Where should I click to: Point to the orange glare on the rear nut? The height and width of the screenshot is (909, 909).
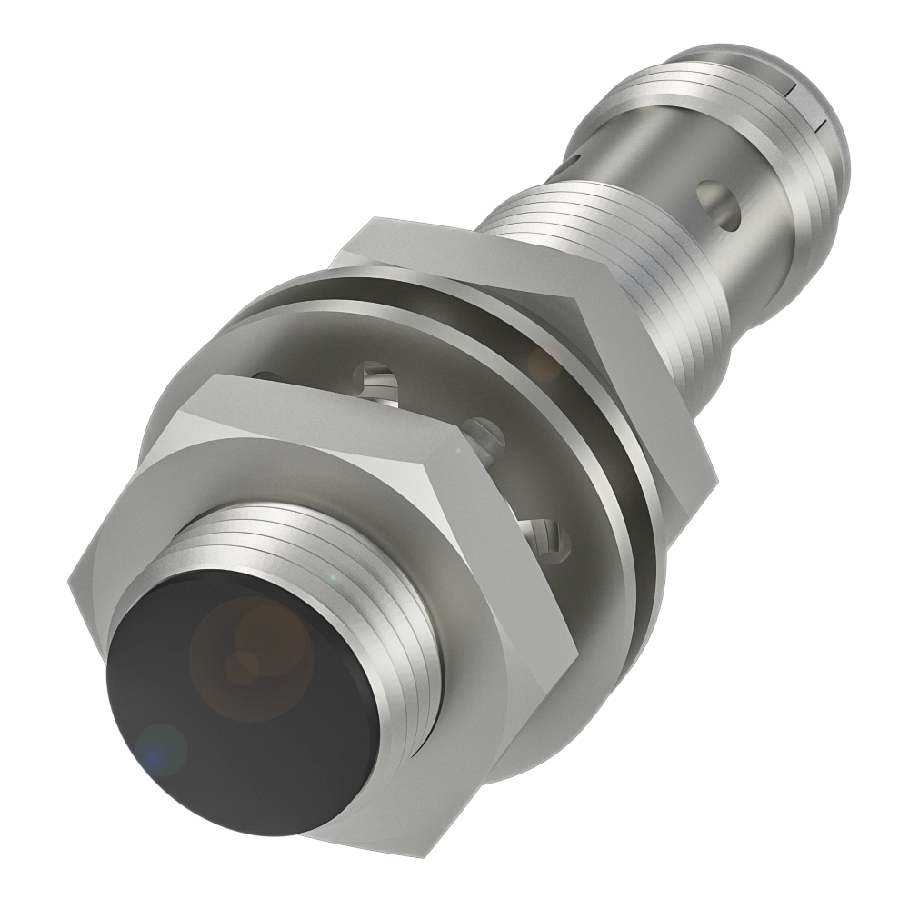(545, 364)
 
